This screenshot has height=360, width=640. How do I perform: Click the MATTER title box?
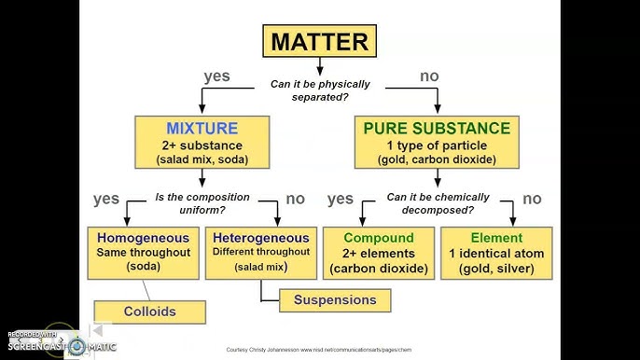coord(319,42)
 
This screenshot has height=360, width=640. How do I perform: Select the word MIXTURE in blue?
coord(202,128)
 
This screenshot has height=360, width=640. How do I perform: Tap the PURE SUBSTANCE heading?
coord(437,128)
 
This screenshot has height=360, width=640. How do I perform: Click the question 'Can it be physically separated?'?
coord(319,90)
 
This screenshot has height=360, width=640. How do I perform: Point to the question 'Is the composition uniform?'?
coord(202,203)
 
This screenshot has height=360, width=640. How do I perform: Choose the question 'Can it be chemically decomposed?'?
coord(438,203)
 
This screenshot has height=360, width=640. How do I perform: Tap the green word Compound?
coord(378,238)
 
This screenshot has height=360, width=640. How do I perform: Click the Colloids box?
coord(149,312)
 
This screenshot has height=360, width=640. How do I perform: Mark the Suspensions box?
coord(335,300)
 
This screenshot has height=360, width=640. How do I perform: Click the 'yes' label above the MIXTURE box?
coord(216,76)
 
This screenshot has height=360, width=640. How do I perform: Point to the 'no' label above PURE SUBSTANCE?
coord(429,76)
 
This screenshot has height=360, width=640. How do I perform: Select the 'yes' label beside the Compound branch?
coord(341,199)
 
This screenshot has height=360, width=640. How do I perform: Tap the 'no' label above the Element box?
coord(532,199)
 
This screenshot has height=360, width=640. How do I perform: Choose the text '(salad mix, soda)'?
coord(202,160)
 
